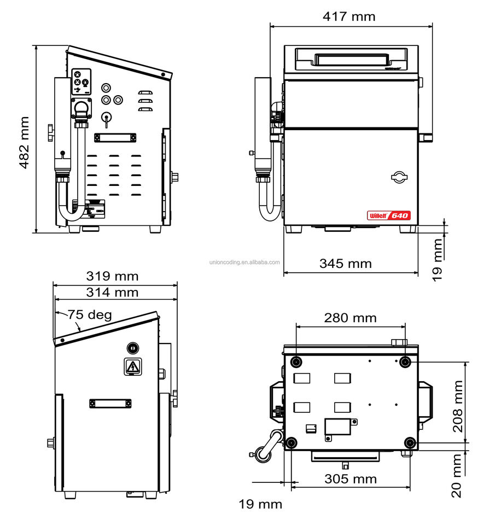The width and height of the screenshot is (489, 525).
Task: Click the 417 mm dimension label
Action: [349, 16]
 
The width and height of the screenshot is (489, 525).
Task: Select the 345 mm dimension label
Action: [345, 264]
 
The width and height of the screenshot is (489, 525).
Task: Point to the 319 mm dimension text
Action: [112, 276]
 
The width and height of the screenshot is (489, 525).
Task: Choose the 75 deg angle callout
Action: [90, 315]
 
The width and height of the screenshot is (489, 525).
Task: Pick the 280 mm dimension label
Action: [350, 317]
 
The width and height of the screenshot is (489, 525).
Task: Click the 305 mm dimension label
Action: [350, 479]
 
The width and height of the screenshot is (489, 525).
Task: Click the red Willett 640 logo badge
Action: [388, 215]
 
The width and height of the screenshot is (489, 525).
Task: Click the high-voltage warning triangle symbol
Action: [132, 367]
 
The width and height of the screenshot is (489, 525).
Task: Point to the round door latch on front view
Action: [400, 177]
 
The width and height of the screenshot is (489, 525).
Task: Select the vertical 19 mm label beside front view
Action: [437, 259]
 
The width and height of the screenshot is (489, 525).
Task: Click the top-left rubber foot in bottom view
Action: [296, 361]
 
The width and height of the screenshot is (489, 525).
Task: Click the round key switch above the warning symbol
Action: [132, 347]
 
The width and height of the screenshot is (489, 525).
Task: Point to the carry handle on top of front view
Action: [350, 57]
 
